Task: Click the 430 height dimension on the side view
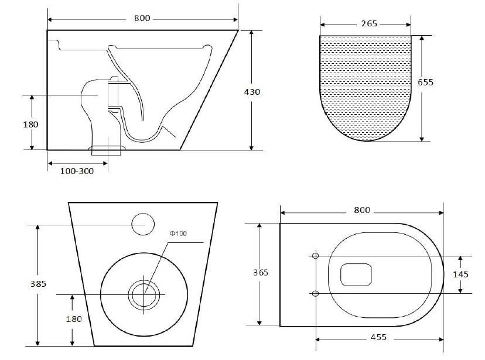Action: pyautogui.click(x=252, y=92)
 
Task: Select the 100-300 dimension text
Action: pyautogui.click(x=76, y=170)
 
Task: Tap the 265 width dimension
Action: pyautogui.click(x=370, y=24)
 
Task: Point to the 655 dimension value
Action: pyautogui.click(x=425, y=82)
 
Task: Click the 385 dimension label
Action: pyautogui.click(x=37, y=284)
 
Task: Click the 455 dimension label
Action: pyautogui.click(x=378, y=338)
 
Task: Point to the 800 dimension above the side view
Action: pyautogui.click(x=142, y=19)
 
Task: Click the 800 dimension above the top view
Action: pyautogui.click(x=361, y=210)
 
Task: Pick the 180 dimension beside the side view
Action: pyautogui.click(x=31, y=124)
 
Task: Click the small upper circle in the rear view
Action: pyautogui.click(x=143, y=224)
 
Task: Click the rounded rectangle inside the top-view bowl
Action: pyautogui.click(x=356, y=274)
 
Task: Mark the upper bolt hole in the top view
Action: pyautogui.click(x=315, y=256)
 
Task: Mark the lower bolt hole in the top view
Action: pyautogui.click(x=315, y=293)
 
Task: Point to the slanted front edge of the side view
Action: pyautogui.click(x=209, y=91)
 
